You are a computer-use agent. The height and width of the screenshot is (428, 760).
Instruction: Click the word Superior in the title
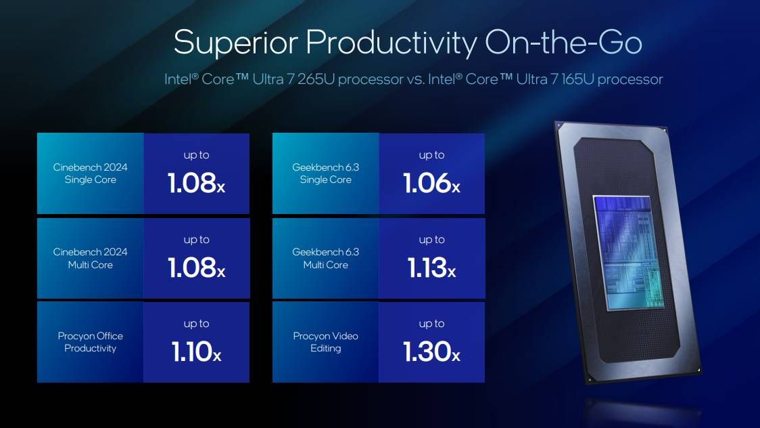click(234, 42)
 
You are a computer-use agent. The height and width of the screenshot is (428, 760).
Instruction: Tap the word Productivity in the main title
click(390, 42)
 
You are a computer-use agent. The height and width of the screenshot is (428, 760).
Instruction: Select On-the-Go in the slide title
click(563, 42)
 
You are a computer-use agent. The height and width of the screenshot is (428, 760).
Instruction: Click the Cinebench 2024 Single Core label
click(91, 173)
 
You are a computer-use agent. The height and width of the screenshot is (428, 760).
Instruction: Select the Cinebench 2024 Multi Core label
click(91, 258)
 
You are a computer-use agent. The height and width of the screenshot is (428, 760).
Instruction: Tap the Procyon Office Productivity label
click(91, 342)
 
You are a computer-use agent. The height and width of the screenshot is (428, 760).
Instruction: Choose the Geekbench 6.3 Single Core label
click(326, 173)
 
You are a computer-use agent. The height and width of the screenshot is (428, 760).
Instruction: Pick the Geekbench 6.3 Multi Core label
click(326, 258)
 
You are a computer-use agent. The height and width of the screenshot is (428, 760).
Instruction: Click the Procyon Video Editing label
click(326, 342)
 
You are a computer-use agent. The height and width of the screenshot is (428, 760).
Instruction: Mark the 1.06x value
click(431, 184)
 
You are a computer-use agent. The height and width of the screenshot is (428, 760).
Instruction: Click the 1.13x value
click(431, 268)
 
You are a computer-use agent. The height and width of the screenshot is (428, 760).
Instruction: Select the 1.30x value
click(431, 352)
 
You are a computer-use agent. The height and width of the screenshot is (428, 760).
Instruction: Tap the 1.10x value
click(196, 352)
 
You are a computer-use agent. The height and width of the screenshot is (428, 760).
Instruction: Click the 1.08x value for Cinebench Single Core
click(196, 184)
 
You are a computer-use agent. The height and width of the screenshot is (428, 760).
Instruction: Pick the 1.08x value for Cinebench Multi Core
click(196, 268)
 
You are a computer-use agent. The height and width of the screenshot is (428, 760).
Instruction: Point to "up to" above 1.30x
click(431, 324)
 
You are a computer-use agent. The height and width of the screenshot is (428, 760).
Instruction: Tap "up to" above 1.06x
click(431, 155)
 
